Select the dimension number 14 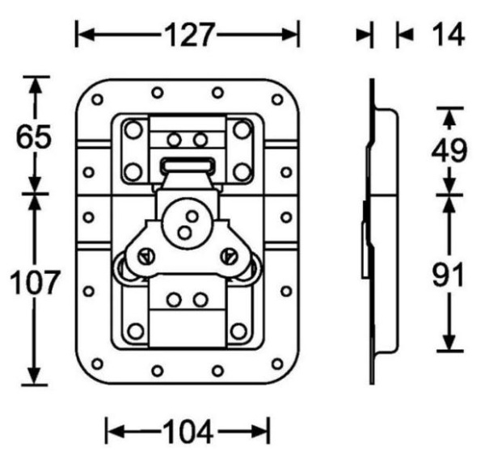444,35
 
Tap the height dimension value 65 35,137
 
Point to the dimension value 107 33,284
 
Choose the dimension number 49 449,150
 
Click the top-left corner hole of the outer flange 98,101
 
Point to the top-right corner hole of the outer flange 278,101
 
